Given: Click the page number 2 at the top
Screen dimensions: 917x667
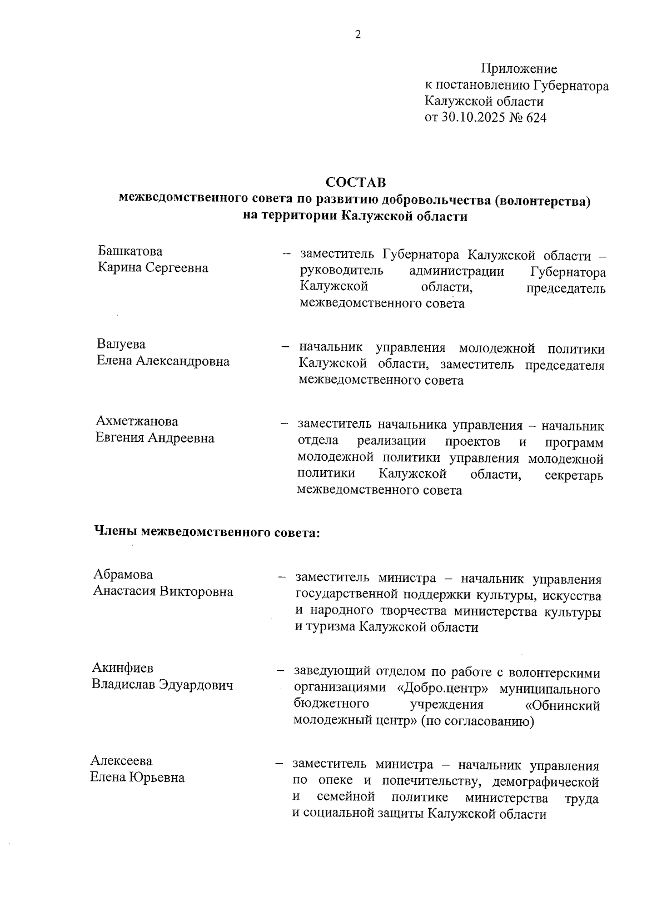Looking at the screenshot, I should (x=357, y=34).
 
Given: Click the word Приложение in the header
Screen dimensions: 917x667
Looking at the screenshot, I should (x=519, y=69).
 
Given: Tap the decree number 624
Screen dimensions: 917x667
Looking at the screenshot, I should (x=536, y=118).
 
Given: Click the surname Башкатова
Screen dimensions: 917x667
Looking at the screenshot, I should (x=130, y=251).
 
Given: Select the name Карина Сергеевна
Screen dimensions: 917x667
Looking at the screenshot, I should (x=153, y=268).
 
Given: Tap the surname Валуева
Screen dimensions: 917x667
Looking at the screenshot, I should (x=121, y=344).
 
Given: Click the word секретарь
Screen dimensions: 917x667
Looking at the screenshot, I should (x=574, y=476).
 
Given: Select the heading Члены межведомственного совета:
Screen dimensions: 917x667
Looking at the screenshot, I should (x=206, y=532).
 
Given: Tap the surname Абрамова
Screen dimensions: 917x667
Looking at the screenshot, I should (x=123, y=574).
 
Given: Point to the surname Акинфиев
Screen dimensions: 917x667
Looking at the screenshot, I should (x=122, y=667).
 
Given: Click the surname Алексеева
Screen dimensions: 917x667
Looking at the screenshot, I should (x=121, y=760).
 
